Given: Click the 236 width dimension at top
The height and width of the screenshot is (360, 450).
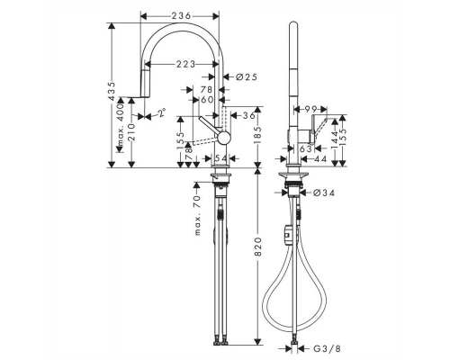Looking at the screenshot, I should [x=180, y=15].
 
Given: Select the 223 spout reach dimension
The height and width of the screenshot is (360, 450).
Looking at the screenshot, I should [x=186, y=63].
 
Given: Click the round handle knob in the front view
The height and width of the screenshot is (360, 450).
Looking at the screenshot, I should [x=224, y=136].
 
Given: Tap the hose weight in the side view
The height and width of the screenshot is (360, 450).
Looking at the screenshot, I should [x=289, y=234].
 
